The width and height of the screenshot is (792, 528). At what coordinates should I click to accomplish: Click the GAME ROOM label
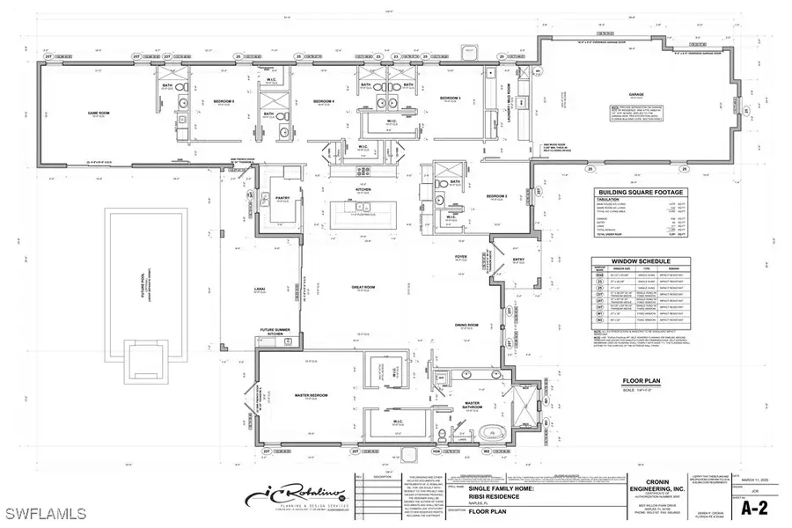click(85, 113)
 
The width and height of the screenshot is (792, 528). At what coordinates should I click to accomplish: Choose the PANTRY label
click(283, 199)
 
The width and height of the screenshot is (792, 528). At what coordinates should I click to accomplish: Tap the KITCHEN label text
click(363, 189)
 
